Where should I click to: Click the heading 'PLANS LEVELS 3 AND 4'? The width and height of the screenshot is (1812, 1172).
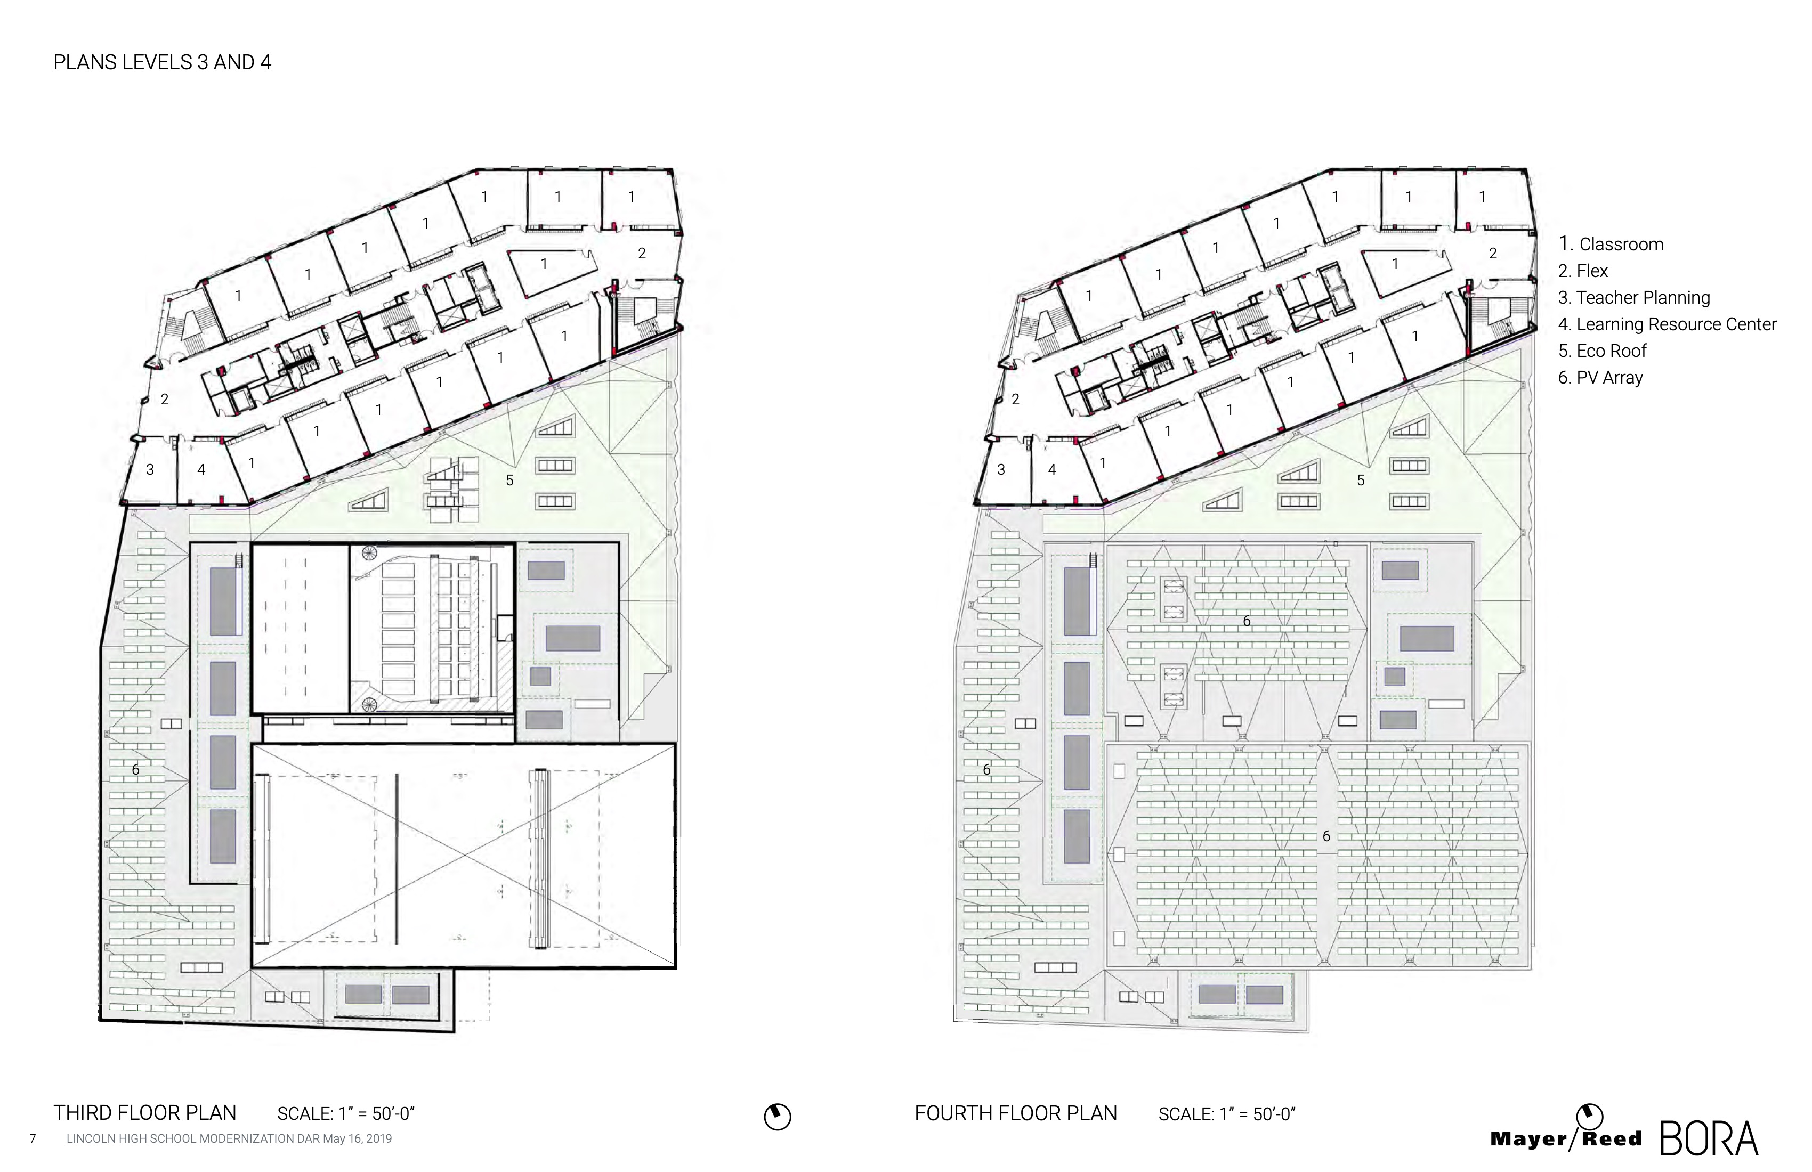pyautogui.click(x=162, y=62)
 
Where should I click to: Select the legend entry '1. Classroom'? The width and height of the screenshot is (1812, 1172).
pyautogui.click(x=1610, y=245)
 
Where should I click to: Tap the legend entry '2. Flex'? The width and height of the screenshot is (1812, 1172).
pyautogui.click(x=1583, y=271)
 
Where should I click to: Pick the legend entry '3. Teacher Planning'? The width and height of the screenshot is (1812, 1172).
pyautogui.click(x=1634, y=298)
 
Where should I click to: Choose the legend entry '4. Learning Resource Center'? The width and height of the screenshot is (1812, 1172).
pyautogui.click(x=1668, y=324)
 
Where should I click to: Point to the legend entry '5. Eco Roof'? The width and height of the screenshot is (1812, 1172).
pyautogui.click(x=1602, y=351)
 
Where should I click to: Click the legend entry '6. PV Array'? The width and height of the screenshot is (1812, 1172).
pyautogui.click(x=1600, y=378)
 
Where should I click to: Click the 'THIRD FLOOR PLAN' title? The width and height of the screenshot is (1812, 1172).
pyautogui.click(x=144, y=1113)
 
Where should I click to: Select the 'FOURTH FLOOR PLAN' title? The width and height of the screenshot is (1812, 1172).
pyautogui.click(x=1016, y=1113)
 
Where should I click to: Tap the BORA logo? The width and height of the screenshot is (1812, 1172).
pyautogui.click(x=1709, y=1140)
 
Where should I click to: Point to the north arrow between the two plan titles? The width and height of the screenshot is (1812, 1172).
pyautogui.click(x=778, y=1117)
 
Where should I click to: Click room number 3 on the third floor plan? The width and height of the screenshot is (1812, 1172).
pyautogui.click(x=150, y=469)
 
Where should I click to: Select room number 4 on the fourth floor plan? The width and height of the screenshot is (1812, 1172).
pyautogui.click(x=1052, y=469)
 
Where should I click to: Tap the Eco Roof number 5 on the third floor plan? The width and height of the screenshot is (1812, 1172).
pyautogui.click(x=510, y=480)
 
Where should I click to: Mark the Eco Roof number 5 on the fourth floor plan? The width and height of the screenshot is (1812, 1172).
pyautogui.click(x=1361, y=480)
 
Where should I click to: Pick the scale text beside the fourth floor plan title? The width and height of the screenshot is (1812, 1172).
pyautogui.click(x=1226, y=1114)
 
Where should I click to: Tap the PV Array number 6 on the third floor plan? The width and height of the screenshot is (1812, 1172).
pyautogui.click(x=135, y=769)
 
